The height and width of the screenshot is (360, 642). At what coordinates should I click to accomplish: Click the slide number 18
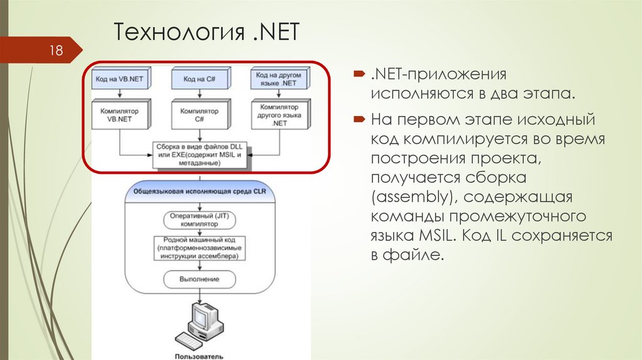tap(57, 50)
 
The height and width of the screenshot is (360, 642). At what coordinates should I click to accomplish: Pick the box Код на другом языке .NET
tap(280, 78)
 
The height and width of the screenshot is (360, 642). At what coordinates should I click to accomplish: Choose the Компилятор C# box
tap(199, 115)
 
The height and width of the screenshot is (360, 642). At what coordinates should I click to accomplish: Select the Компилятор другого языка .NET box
tap(280, 115)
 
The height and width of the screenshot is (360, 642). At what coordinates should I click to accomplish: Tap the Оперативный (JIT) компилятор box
tap(199, 219)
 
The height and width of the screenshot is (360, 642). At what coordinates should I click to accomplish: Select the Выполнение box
tap(199, 278)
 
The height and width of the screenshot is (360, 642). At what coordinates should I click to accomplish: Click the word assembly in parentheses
tap(408, 198)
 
